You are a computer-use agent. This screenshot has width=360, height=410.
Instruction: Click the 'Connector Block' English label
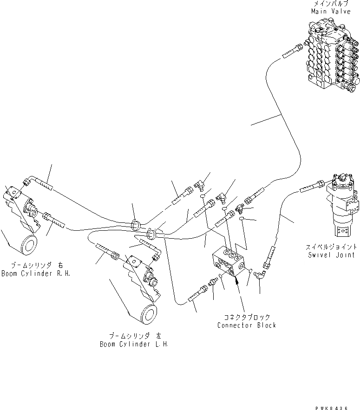[246, 325]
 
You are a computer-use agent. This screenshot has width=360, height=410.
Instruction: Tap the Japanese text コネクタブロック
[246, 318]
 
